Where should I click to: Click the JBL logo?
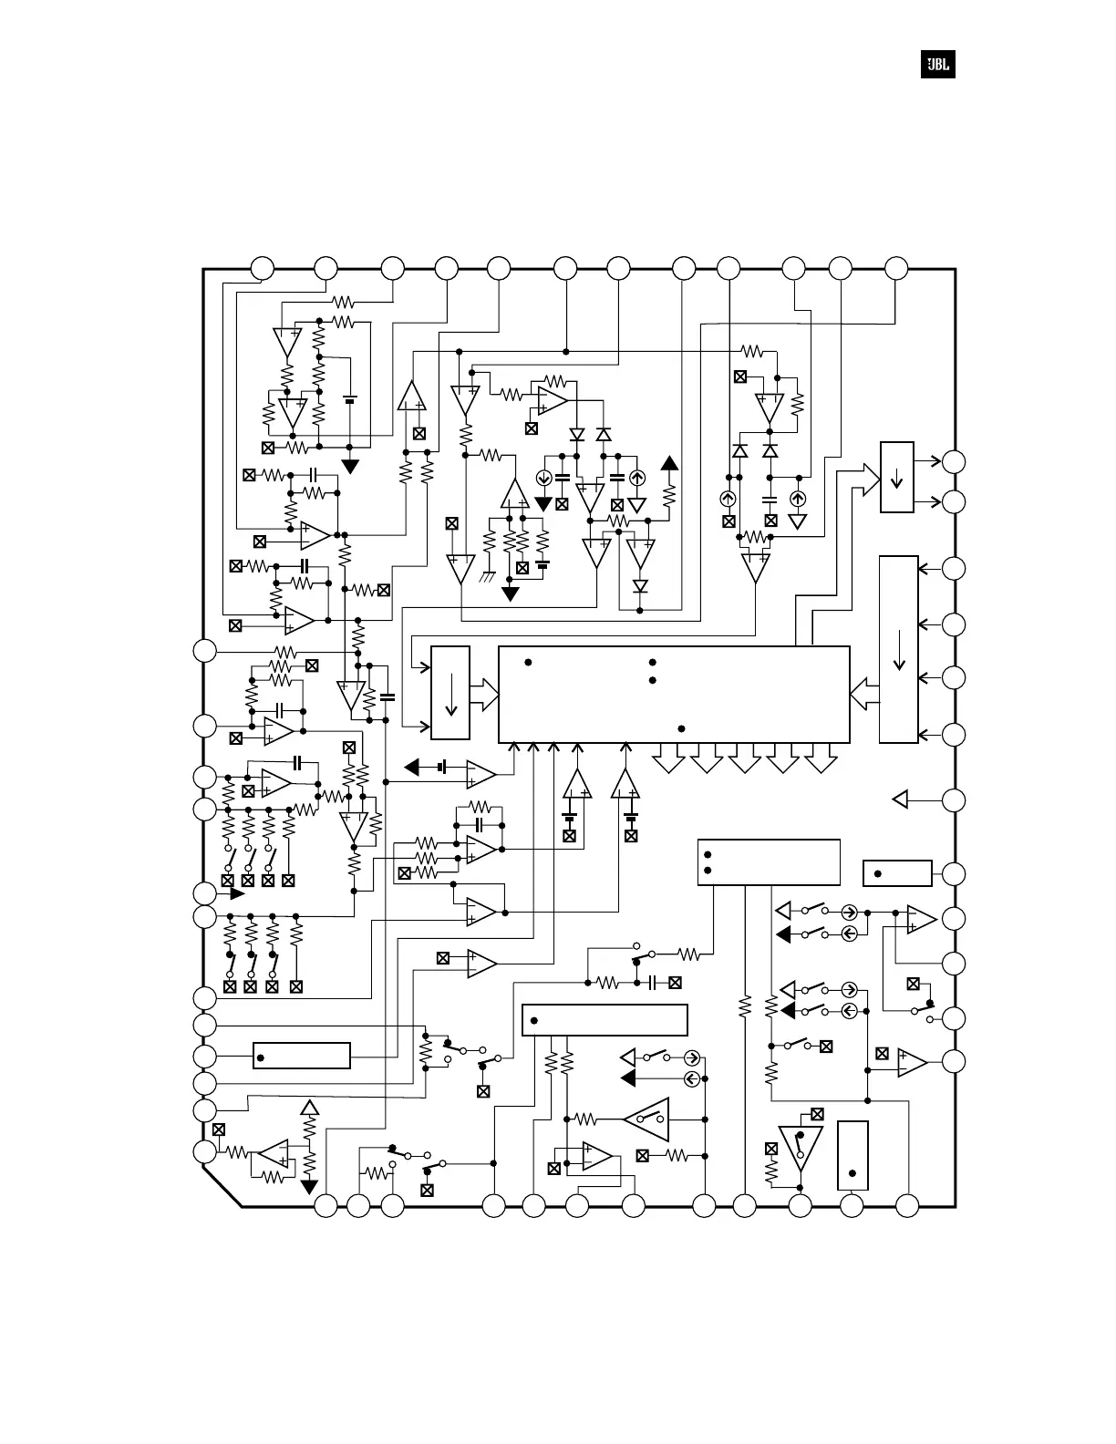937,65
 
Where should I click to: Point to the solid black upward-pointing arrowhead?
669,462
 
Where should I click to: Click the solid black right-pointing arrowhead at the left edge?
236,893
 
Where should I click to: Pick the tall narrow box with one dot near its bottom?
852,1155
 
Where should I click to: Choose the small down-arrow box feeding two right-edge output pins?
896,477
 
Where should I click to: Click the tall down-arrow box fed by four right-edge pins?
899,648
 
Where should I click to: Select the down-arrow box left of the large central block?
450,693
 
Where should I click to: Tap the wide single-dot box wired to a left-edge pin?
301,1056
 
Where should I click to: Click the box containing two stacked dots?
768,861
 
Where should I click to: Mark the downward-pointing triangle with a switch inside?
801,1148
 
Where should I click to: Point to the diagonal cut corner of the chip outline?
222,1186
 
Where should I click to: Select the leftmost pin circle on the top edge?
263,268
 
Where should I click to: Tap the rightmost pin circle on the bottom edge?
906,1205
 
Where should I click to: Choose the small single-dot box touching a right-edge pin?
897,872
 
